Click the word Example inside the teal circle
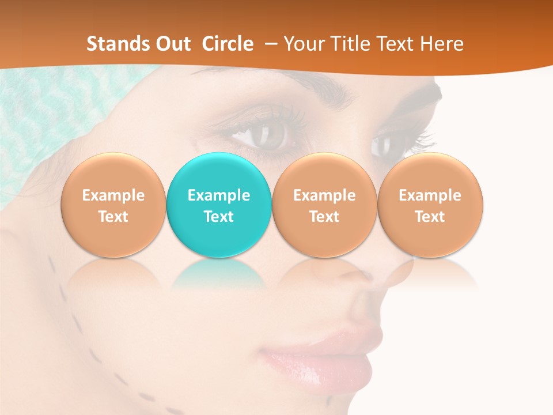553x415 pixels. [219, 195]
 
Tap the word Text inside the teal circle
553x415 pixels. [219, 217]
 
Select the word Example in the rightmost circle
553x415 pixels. [430, 195]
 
